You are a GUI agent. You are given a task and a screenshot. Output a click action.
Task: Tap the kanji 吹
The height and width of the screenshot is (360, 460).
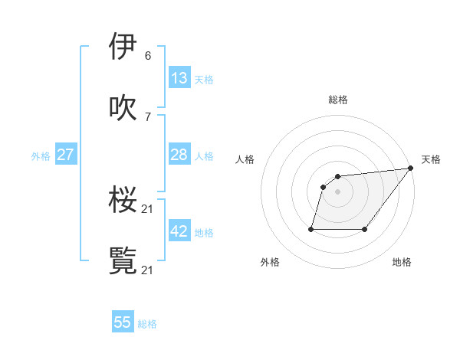tap(123, 107)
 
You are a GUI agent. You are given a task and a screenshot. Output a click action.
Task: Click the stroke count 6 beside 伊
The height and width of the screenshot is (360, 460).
tap(147, 56)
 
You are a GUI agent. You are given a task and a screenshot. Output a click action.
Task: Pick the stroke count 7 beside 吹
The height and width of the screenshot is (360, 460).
tap(147, 117)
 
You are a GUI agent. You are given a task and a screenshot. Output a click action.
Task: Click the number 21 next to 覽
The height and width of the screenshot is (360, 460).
tap(148, 270)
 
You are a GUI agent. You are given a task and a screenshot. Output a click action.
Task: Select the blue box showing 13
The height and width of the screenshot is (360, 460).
tap(179, 78)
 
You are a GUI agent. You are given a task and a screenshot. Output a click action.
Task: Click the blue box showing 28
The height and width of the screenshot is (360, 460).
tap(179, 155)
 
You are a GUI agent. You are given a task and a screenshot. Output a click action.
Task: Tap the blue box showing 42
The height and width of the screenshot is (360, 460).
tap(179, 231)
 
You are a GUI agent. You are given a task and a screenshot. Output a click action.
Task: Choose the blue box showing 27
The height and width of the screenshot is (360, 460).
tap(65, 155)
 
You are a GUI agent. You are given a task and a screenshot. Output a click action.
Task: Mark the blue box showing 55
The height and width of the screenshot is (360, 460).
tap(123, 322)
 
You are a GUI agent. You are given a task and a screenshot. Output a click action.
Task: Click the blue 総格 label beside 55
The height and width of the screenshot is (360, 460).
tap(147, 324)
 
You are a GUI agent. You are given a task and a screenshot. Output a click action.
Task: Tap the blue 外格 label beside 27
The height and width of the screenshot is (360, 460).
tap(41, 156)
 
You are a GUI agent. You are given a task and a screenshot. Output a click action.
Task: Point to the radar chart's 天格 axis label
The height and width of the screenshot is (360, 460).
tap(431, 159)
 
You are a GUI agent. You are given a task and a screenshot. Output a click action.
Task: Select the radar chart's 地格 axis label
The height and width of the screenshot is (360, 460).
tap(402, 263)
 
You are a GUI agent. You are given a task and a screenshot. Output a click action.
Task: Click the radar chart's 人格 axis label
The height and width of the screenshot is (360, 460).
tap(245, 159)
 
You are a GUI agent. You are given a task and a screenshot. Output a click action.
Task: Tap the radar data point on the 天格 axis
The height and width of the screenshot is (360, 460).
tap(410, 169)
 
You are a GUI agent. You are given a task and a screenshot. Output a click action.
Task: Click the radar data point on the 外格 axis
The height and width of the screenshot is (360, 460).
tap(311, 229)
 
